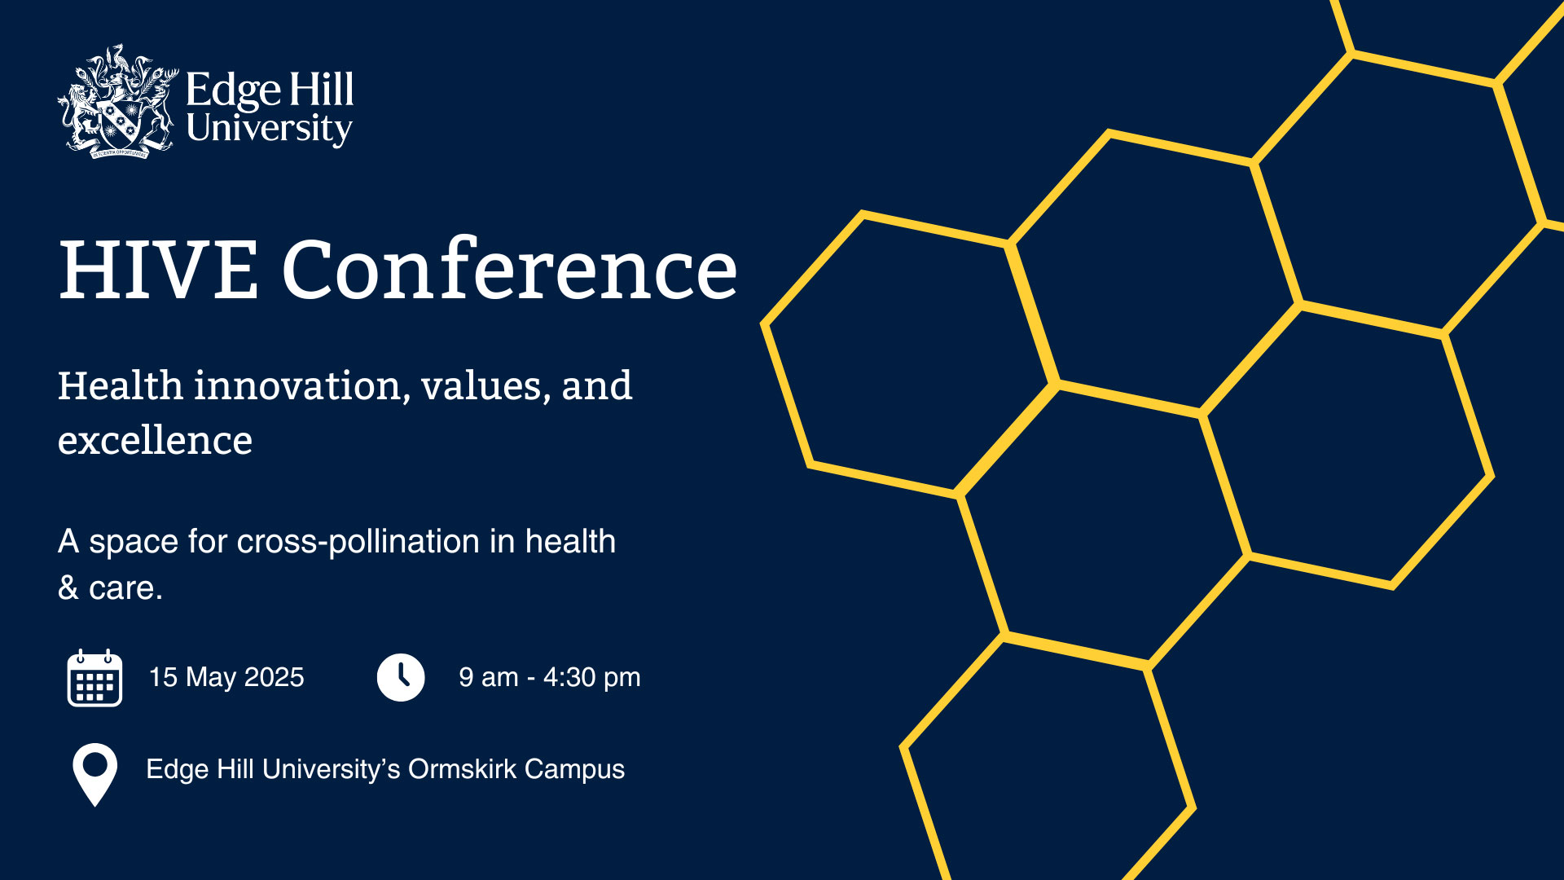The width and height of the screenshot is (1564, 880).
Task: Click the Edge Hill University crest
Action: [x=118, y=101]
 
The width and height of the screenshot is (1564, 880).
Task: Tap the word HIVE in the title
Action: [x=159, y=270]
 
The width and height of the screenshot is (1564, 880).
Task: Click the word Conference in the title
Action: [x=510, y=268]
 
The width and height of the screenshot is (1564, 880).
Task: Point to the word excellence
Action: [x=155, y=440]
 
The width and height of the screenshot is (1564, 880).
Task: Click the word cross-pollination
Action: [x=358, y=542]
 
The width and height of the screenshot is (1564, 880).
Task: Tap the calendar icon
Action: [x=94, y=678]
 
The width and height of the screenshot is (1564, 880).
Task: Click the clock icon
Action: [x=401, y=677]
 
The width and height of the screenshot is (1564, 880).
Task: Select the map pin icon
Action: [x=95, y=775]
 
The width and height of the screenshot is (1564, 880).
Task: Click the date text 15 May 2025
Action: [x=226, y=677]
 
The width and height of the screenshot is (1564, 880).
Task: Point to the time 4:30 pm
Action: [x=592, y=677]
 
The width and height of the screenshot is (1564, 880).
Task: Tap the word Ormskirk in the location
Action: [x=463, y=769]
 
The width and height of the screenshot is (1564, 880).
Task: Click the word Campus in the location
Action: [x=574, y=770]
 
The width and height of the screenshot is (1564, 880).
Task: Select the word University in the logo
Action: [x=270, y=129]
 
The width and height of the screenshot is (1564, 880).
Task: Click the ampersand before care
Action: [x=68, y=587]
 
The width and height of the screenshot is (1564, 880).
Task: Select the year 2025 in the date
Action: [x=275, y=677]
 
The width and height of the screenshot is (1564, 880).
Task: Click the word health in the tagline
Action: [x=570, y=541]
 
